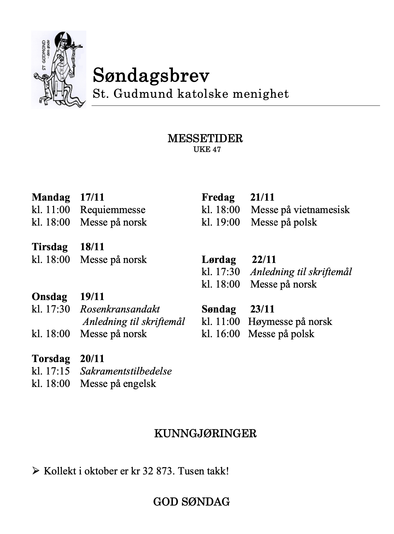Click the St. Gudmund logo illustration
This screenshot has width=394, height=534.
pyautogui.click(x=58, y=70)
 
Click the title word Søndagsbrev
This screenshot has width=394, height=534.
pyautogui.click(x=151, y=75)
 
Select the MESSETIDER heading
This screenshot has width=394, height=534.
pyautogui.click(x=205, y=139)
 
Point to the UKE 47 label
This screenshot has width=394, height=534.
pyautogui.click(x=207, y=149)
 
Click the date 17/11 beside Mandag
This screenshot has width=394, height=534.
pyautogui.click(x=92, y=197)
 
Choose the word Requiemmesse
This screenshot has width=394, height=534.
pyautogui.click(x=113, y=210)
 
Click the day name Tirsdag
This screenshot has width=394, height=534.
pyautogui.click(x=50, y=247)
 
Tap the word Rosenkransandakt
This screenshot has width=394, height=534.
pyautogui.click(x=120, y=309)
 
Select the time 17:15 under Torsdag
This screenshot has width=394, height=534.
pyautogui.click(x=58, y=371)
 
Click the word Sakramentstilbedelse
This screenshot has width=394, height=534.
pyautogui.click(x=126, y=371)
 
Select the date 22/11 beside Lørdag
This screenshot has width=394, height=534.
pyautogui.click(x=264, y=259)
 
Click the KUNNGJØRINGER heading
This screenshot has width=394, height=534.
pyautogui.click(x=205, y=434)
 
